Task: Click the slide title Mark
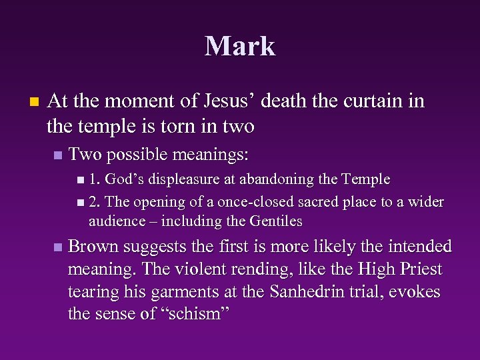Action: coord(240,47)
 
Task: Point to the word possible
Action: coord(137,155)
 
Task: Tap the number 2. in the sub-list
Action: coord(95,202)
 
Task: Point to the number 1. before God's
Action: coord(95,179)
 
